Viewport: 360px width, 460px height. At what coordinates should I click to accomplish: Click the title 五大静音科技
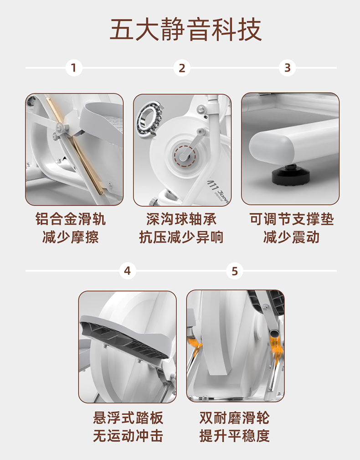[x=185, y=29]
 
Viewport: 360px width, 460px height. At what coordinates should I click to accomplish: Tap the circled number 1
[x=73, y=68]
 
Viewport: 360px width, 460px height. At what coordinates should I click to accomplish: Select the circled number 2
[x=182, y=68]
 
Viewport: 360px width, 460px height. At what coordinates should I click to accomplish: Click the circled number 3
[x=287, y=68]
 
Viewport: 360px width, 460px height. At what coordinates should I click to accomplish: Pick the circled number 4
[x=128, y=271]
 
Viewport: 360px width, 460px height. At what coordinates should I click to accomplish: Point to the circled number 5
[x=235, y=271]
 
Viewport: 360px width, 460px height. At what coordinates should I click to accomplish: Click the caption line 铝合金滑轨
[x=71, y=219]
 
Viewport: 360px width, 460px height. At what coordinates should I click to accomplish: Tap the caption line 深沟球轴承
[x=181, y=219]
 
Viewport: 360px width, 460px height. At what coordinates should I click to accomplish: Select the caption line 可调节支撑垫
[x=292, y=219]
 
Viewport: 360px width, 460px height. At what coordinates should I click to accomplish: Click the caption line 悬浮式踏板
[x=128, y=418]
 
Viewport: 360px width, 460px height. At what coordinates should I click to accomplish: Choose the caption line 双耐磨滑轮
[x=235, y=418]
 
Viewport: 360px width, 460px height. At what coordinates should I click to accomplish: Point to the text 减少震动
[x=291, y=237]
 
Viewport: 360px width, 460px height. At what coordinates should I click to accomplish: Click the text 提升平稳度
[x=235, y=436]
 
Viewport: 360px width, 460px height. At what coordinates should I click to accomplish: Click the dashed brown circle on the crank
[x=185, y=156]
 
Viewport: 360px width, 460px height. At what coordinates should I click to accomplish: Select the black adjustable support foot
[x=291, y=175]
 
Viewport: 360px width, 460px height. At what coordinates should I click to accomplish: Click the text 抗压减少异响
[x=181, y=237]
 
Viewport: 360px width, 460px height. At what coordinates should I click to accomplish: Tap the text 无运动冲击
[x=128, y=436]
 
